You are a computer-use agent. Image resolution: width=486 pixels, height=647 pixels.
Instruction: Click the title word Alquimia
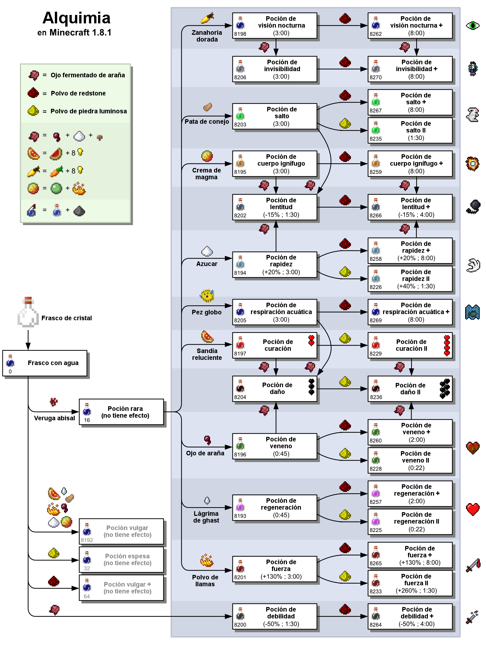76,18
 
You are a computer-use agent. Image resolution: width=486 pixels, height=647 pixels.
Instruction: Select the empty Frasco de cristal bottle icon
28,312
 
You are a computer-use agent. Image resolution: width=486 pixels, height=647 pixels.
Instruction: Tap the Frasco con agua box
45,363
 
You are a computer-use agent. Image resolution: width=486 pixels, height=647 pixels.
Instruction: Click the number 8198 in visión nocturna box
240,34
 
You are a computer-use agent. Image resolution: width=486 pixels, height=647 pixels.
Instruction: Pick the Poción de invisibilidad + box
410,69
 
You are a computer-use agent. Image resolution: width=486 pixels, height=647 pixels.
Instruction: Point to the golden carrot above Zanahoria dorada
207,18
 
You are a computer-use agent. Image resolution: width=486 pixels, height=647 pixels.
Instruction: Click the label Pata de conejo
206,121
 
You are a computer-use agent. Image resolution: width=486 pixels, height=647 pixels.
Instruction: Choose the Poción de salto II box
410,130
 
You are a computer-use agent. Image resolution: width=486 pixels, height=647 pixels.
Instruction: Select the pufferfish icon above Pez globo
207,296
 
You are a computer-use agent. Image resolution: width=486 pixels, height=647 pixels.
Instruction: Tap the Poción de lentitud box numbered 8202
275,207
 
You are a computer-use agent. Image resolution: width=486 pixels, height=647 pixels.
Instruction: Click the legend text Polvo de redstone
78,93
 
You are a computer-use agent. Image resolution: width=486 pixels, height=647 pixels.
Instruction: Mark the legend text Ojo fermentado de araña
88,75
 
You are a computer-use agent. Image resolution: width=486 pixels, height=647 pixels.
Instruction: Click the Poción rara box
121,412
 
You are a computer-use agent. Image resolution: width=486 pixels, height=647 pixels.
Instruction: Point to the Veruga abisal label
55,418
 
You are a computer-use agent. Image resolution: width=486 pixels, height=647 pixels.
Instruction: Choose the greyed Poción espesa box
121,559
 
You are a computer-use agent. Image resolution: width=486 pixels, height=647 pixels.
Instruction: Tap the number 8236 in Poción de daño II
376,397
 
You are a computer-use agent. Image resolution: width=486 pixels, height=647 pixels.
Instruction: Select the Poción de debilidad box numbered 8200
275,616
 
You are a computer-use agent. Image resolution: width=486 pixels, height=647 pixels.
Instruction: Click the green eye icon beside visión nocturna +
472,25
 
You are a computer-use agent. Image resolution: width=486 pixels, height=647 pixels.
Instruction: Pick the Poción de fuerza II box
410,583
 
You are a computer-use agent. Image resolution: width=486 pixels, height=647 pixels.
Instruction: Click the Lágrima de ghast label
206,517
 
